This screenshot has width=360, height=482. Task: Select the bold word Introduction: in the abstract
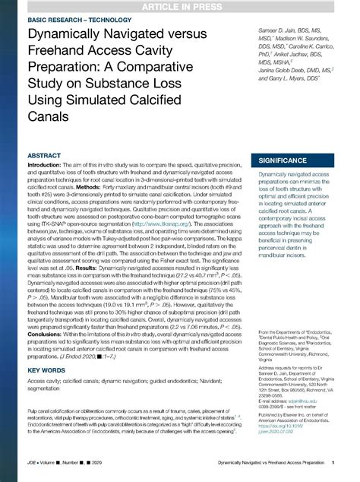pos(49,167)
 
